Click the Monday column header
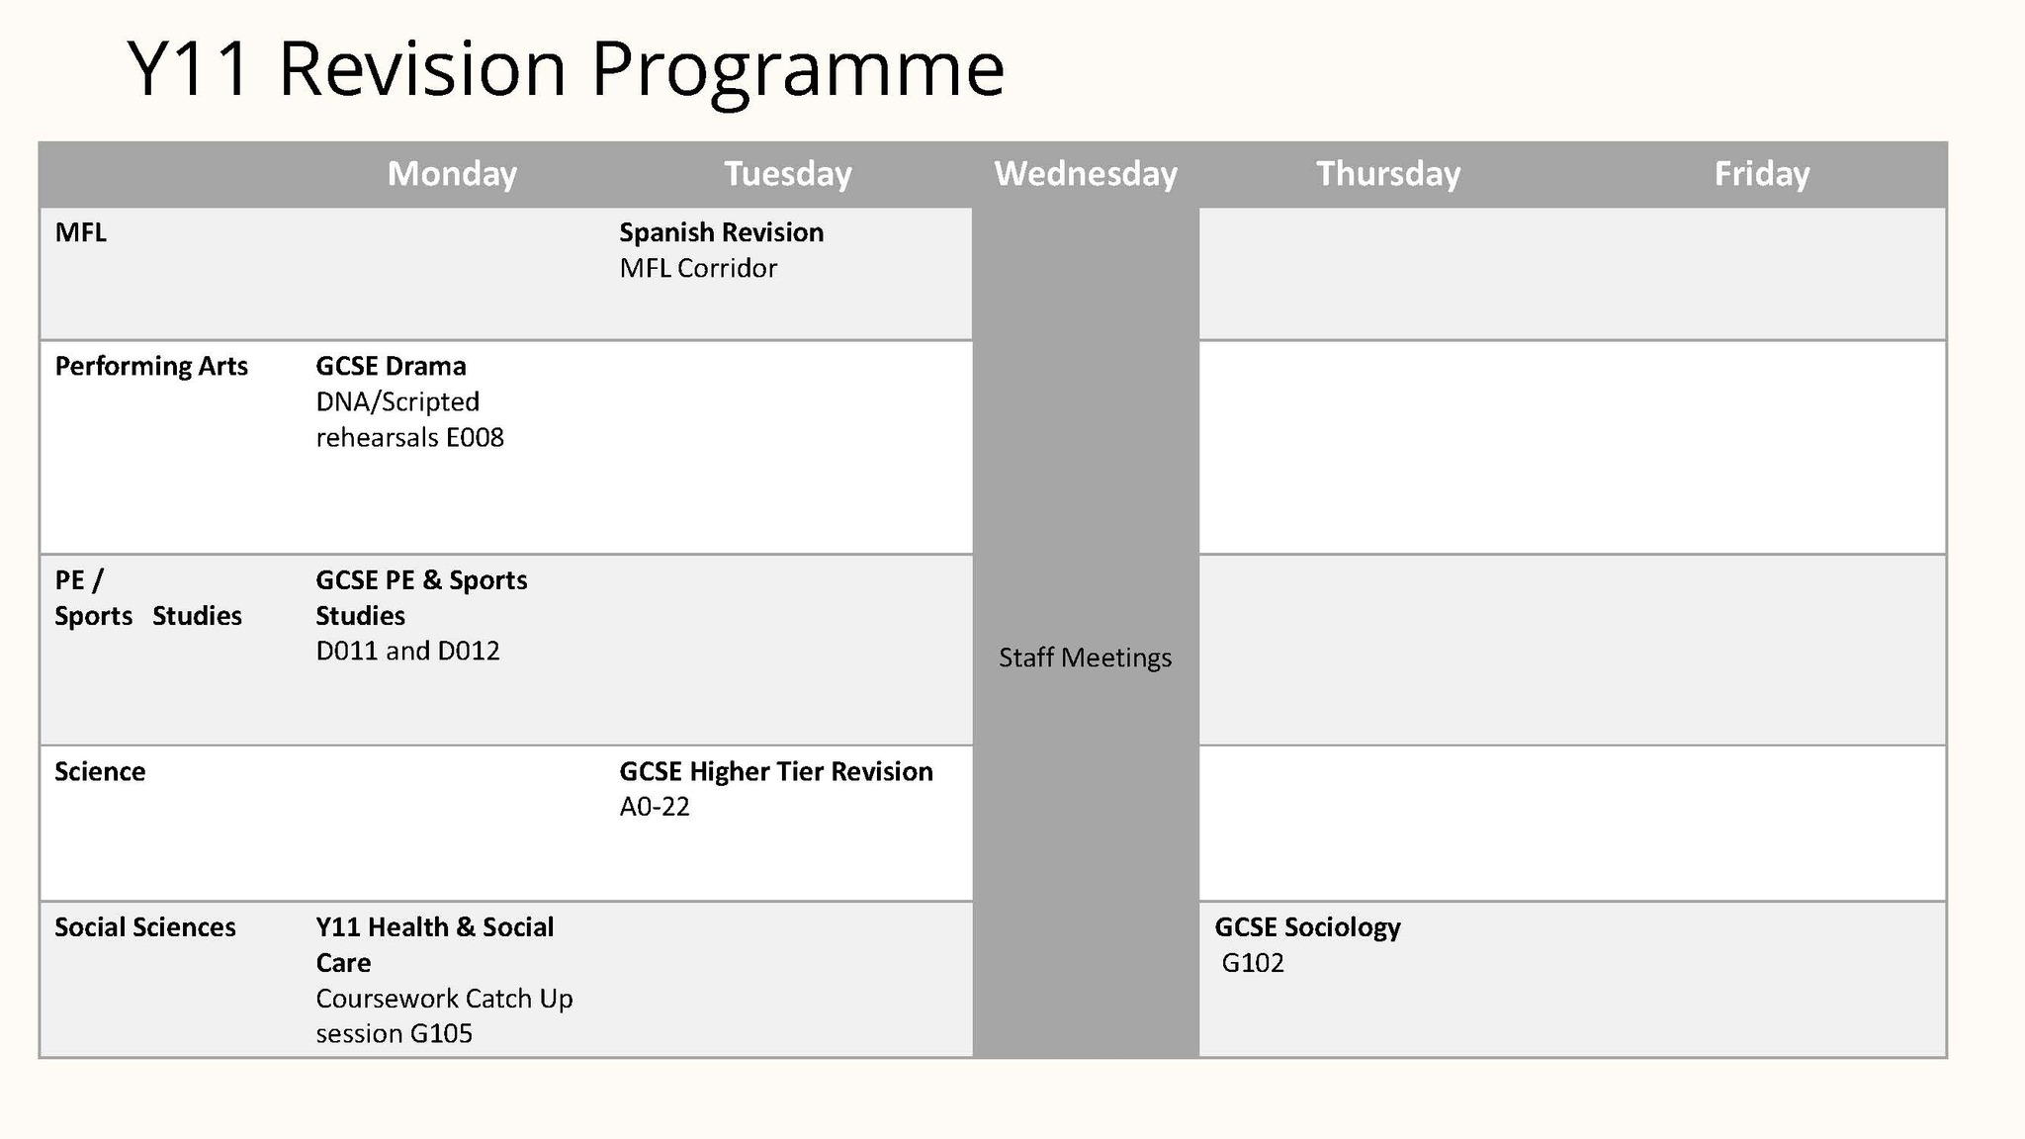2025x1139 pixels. point(452,174)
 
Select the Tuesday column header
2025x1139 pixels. point(788,174)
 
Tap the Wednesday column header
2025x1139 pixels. point(1086,174)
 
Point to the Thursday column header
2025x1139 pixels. point(1388,174)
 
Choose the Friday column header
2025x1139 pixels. point(1762,174)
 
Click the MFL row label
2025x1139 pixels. point(80,232)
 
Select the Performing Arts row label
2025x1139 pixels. point(151,367)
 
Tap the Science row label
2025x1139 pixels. point(100,771)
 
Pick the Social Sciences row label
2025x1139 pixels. point(145,927)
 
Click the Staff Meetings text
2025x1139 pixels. point(1085,657)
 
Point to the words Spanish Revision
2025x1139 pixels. point(722,233)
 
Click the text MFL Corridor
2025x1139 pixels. point(698,268)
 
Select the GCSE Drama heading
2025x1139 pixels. point(391,367)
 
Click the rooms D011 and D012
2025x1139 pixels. point(407,652)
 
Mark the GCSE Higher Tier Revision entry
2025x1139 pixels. point(776,771)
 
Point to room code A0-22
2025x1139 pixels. point(655,807)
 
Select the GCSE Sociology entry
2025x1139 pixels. point(1307,928)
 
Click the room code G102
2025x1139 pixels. point(1253,963)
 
